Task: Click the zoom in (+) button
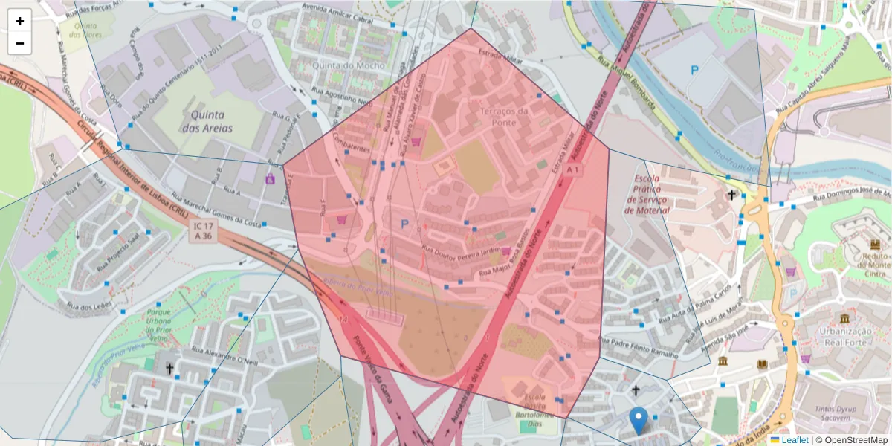point(20,21)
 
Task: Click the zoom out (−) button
point(20,43)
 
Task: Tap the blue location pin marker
point(638,421)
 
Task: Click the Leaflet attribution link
point(794,440)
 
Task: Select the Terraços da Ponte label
point(503,117)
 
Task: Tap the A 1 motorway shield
point(572,170)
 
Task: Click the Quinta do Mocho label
point(349,65)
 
